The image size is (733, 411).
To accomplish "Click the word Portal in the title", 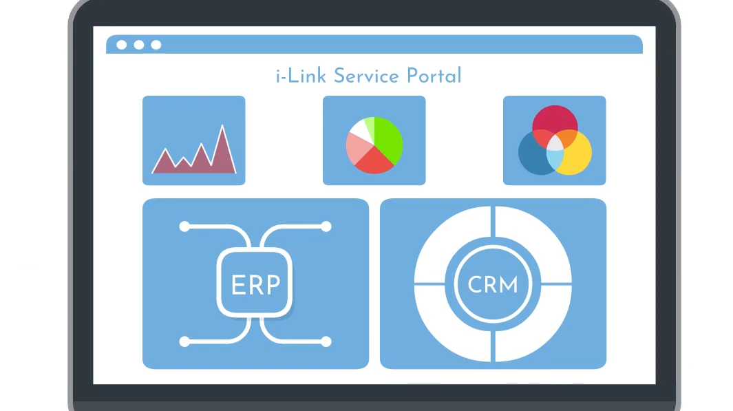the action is pyautogui.click(x=434, y=76).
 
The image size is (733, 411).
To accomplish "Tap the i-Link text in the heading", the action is pyautogui.click(x=301, y=76).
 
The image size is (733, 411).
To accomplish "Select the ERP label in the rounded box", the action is pyautogui.click(x=256, y=284).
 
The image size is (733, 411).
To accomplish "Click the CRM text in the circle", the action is pyautogui.click(x=493, y=284).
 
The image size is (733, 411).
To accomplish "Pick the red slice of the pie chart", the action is pyautogui.click(x=374, y=161).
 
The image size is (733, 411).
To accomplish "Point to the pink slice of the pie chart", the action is pyautogui.click(x=358, y=149).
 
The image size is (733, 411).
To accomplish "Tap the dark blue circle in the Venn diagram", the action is pyautogui.click(x=533, y=155).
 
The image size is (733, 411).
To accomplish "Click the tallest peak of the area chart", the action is pyautogui.click(x=222, y=126).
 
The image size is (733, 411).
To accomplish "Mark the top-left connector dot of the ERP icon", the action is pyautogui.click(x=184, y=226).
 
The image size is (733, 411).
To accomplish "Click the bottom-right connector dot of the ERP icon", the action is pyautogui.click(x=326, y=341).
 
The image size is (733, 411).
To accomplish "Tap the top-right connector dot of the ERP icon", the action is pyautogui.click(x=326, y=226).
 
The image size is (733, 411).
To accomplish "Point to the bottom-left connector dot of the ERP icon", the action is pyautogui.click(x=184, y=341).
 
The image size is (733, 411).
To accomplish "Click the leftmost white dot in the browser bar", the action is pyautogui.click(x=122, y=45).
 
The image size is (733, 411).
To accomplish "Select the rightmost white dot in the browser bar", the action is pyautogui.click(x=156, y=45).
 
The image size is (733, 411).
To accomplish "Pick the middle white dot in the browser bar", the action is pyautogui.click(x=139, y=45).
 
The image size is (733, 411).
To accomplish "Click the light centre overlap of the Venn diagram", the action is pyautogui.click(x=555, y=143).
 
